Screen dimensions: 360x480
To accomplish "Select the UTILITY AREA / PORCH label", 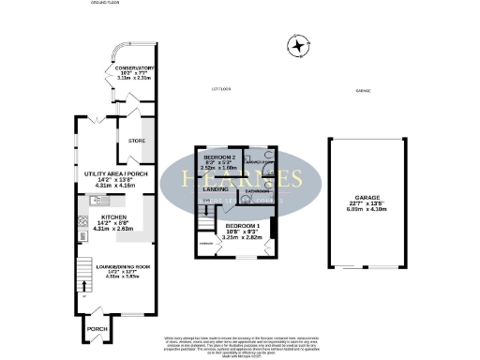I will (104, 174).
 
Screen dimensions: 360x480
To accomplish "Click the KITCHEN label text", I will (104, 217).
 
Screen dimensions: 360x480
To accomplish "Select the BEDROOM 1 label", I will (243, 226).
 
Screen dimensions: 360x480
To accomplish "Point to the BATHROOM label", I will (258, 190).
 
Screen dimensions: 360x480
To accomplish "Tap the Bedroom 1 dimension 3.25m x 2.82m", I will (243, 238).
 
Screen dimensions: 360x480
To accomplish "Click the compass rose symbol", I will (299, 45).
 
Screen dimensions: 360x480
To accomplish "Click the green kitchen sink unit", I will (95, 201).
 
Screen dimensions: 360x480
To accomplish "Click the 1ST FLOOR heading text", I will (220, 90).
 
